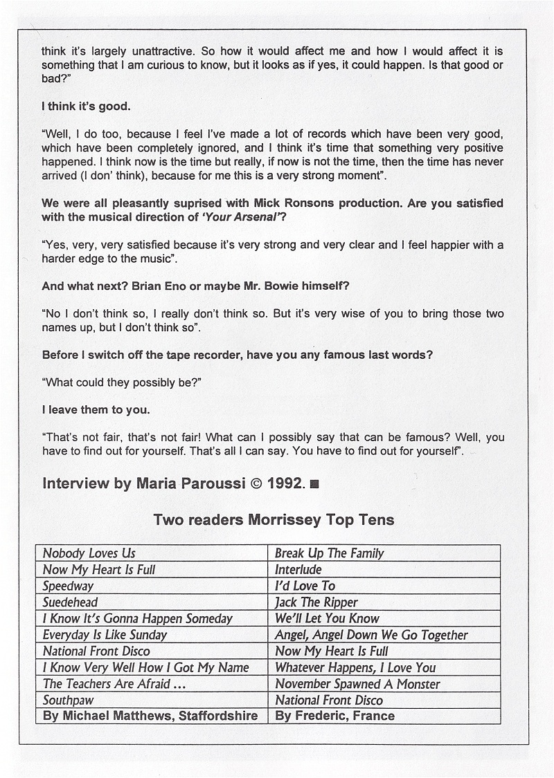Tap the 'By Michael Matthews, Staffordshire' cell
(150, 716)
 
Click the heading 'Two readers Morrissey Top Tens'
(274, 520)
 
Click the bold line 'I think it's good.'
(86, 107)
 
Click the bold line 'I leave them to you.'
(96, 409)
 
